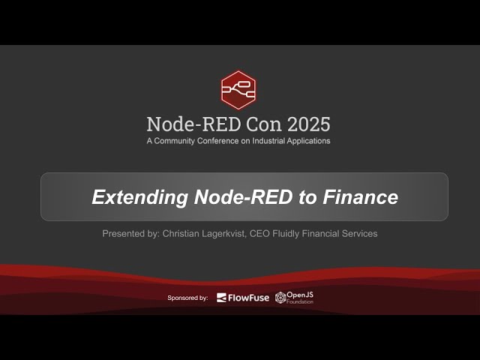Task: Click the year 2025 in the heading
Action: (x=304, y=124)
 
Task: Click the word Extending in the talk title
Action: (x=139, y=197)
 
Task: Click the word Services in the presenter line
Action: (x=359, y=234)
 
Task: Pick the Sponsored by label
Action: (x=187, y=298)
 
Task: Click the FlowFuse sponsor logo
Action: (x=242, y=298)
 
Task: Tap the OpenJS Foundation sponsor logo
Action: (x=294, y=298)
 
